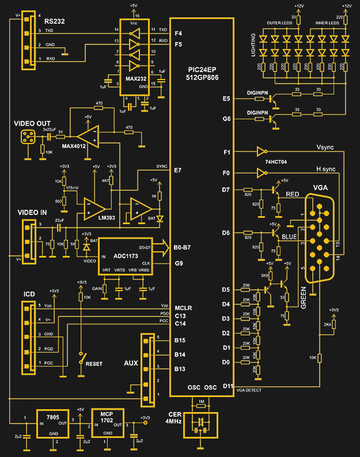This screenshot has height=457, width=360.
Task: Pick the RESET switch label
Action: coord(94,364)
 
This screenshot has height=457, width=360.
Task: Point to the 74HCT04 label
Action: coord(276,163)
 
